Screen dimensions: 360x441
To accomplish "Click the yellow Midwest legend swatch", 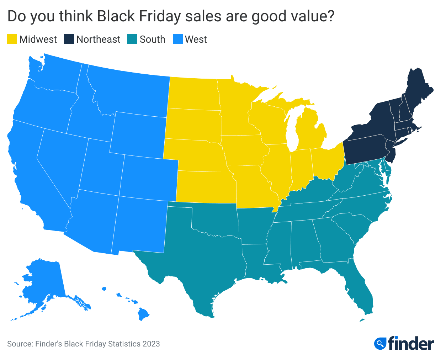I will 12,39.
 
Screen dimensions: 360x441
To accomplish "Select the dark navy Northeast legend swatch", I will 69,39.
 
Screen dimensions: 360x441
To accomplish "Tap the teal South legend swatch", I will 132,39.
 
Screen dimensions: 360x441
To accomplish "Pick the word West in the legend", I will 196,39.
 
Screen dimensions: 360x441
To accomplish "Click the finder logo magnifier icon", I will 380,344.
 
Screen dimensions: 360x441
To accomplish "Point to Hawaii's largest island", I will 143,314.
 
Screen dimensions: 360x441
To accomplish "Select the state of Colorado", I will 149,176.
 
